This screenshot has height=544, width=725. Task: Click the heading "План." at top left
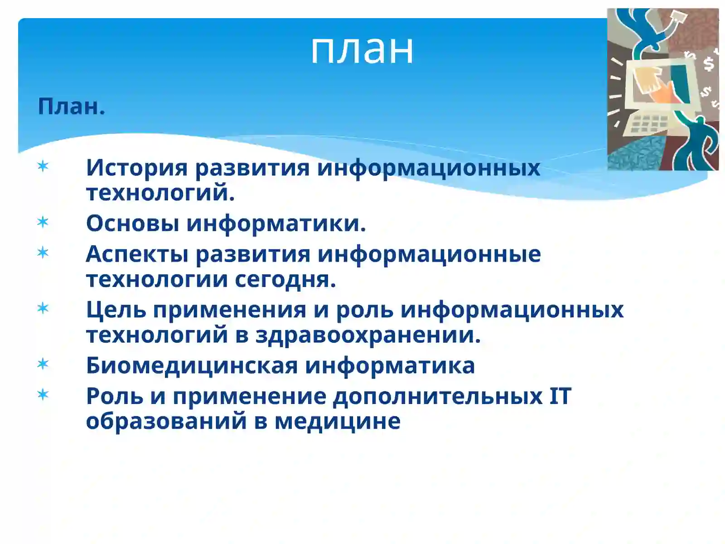(71, 107)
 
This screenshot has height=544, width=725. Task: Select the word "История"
(136, 167)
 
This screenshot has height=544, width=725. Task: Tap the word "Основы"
(132, 223)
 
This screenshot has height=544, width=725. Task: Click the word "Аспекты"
(137, 253)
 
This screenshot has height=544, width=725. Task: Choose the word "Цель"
(116, 310)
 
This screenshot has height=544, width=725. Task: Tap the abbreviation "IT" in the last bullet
(560, 396)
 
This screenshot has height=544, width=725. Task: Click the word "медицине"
(338, 421)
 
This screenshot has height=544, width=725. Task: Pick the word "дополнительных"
(438, 397)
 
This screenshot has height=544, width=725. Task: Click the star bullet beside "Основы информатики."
(43, 222)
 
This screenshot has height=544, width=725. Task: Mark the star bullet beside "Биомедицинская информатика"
(43, 364)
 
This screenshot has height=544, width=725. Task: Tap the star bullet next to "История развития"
(43, 166)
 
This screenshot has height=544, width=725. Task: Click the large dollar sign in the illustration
(708, 63)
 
